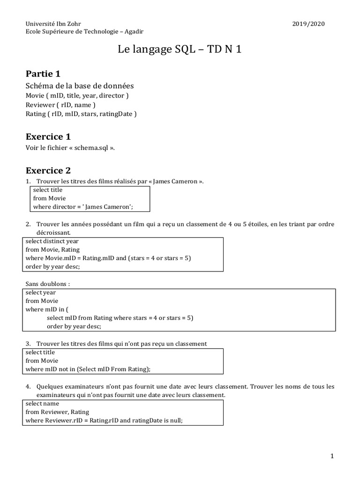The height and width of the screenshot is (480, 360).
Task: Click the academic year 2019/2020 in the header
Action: tap(308, 23)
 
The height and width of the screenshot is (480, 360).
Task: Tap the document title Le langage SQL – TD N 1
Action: tap(180, 50)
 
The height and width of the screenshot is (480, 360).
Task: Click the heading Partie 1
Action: tap(43, 74)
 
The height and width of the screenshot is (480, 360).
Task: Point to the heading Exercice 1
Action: tap(48, 137)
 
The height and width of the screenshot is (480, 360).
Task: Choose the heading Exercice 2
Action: tap(48, 171)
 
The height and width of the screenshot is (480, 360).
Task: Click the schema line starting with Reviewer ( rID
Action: tap(61, 105)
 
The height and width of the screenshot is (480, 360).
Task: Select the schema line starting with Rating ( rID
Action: tap(81, 114)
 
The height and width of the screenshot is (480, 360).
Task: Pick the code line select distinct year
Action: tap(52, 241)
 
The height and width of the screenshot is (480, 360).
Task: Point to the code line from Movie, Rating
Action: tap(52, 249)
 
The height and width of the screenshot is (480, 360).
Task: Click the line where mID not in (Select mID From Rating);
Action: tap(88, 369)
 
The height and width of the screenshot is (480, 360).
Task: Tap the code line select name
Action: tap(42, 403)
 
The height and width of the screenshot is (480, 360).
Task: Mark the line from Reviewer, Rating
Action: tap(57, 412)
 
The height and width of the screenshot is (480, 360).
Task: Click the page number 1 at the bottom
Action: tap(332, 456)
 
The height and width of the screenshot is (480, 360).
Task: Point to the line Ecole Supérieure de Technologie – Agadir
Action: tap(85, 31)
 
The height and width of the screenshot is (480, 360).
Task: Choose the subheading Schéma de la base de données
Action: tap(80, 86)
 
